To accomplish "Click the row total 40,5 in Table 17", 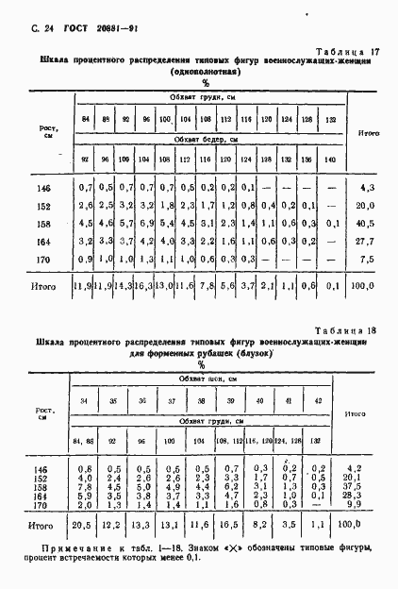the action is [367, 224].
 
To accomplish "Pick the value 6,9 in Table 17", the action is [146, 224].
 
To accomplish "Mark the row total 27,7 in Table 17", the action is [367, 242].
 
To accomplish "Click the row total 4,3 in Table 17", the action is [367, 188].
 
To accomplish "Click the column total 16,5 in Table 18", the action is [231, 525].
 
